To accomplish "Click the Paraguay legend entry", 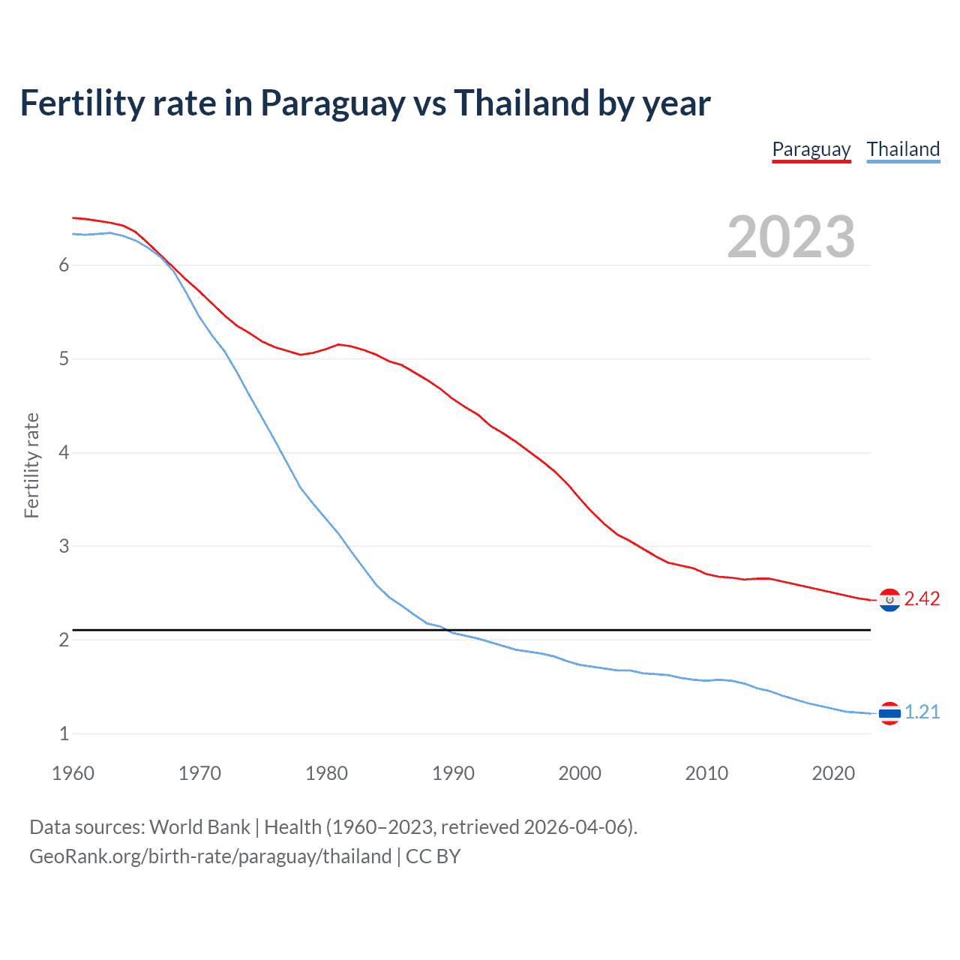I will (811, 149).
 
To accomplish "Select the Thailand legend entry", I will (903, 149).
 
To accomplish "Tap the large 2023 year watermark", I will (790, 237).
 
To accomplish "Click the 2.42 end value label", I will (922, 598).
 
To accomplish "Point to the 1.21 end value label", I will (922, 712).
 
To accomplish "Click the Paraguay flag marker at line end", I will (889, 600).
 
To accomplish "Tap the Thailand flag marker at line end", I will (889, 713).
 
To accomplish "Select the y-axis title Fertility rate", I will (31, 465).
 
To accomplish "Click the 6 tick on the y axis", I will (64, 265).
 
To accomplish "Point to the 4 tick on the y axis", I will (64, 452).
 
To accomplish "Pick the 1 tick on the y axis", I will (64, 733).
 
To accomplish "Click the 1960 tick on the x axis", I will (73, 773).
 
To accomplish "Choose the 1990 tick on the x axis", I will (453, 773).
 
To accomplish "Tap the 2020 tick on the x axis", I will (833, 773).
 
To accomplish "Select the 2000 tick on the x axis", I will (580, 773).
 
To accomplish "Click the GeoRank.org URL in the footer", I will (210, 856).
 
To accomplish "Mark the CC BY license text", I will (433, 856).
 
